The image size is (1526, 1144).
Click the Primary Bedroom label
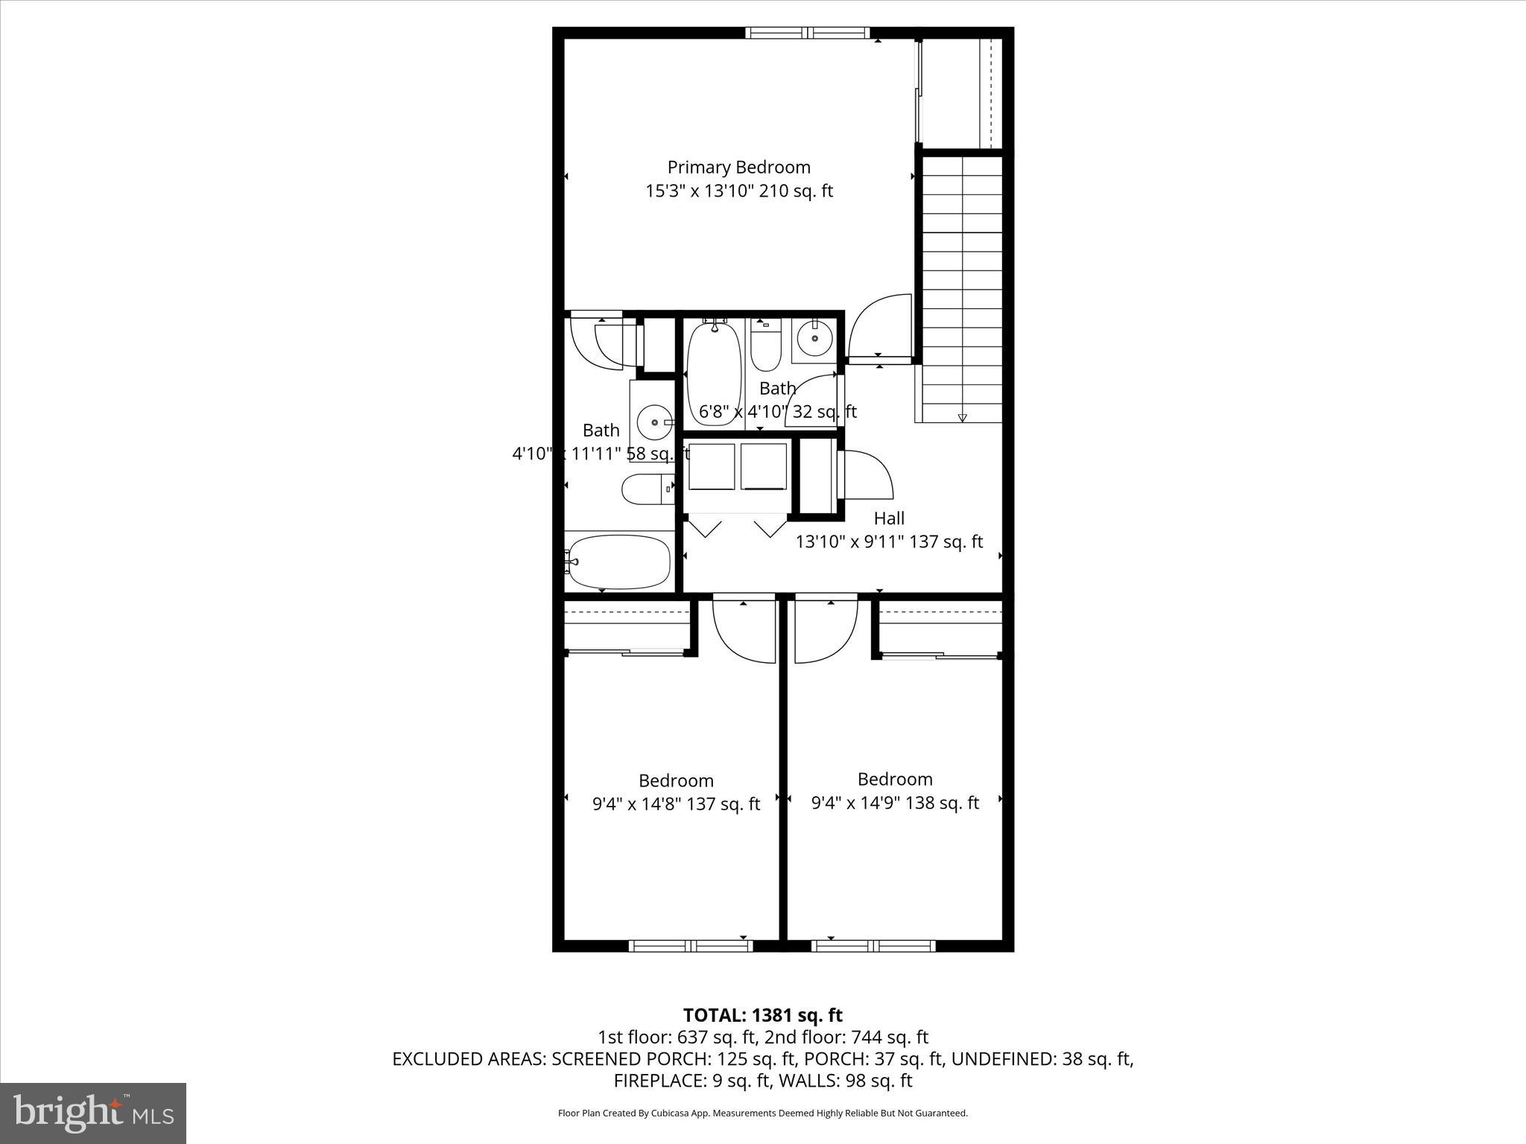point(738,167)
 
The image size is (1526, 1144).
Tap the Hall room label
point(889,518)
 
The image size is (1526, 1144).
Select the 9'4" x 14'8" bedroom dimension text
point(676,804)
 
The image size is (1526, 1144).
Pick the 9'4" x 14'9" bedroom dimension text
point(895,803)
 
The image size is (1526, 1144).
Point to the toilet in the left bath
point(645,490)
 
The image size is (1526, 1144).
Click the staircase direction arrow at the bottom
point(962,418)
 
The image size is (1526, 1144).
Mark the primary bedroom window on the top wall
point(807,32)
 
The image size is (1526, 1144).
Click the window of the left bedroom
point(691,946)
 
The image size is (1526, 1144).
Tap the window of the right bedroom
point(873,946)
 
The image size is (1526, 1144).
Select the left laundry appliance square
point(712,466)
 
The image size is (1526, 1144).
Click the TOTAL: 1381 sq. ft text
point(762,1015)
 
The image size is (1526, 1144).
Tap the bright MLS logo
point(93,1113)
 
